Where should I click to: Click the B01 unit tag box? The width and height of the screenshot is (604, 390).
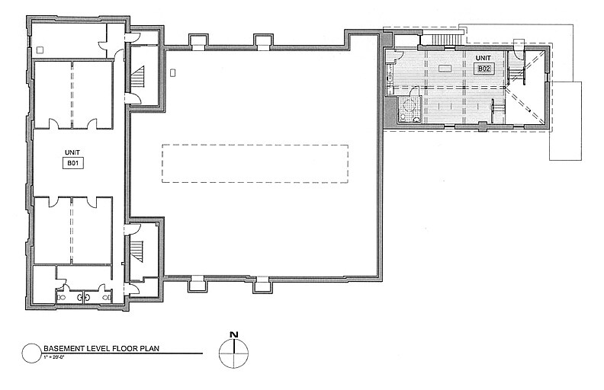pos(78,161)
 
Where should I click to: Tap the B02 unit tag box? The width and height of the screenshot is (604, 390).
pos(483,69)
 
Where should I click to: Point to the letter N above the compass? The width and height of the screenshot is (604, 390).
pos(234,334)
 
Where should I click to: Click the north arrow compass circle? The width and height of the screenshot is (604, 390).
pos(234,352)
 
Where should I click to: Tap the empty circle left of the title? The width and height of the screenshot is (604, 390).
pos(31,352)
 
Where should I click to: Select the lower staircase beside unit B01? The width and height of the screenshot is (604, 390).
pos(138,250)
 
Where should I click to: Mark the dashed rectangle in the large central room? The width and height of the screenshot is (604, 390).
pos(255,164)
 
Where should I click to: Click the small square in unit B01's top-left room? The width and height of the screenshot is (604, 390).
pos(39,50)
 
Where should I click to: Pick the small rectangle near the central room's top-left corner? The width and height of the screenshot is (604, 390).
pos(174,73)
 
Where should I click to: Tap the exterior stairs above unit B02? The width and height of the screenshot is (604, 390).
pos(442,40)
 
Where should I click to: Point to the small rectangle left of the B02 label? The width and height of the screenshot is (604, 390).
pos(445,69)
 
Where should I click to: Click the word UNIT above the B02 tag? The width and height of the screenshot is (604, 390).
pos(483,59)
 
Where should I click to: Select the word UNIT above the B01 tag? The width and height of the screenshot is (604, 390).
pos(78,150)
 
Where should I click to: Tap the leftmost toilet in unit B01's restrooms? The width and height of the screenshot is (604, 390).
pos(63,297)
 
